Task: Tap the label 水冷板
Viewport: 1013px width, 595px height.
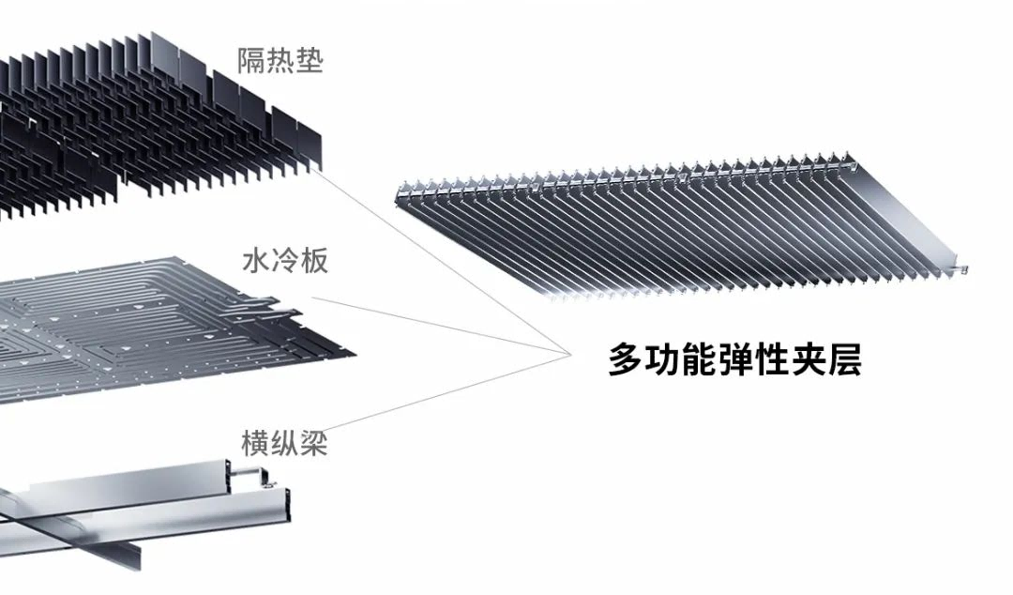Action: pos(284,260)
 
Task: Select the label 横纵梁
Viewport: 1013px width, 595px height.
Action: pos(283,442)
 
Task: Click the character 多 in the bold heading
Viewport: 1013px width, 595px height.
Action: pos(625,359)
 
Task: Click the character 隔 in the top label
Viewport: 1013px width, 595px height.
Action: pos(251,63)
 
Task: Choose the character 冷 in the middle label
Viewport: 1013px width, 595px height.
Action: pos(284,260)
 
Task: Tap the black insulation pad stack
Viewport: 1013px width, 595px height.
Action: pos(141,122)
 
